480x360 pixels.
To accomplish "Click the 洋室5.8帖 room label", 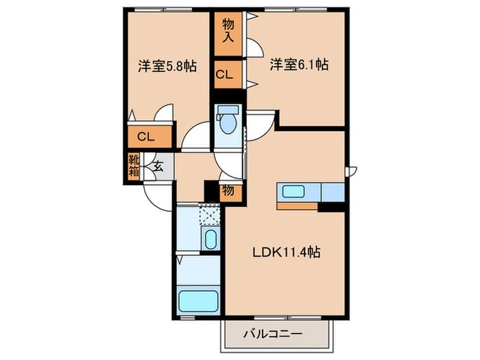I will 167,67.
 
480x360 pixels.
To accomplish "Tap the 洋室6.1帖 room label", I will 298,65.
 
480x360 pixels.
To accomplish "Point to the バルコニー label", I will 272,336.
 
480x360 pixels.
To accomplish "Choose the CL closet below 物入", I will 224,75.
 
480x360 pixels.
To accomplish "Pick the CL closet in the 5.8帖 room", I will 145,136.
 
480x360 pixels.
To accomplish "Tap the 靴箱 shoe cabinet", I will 133,165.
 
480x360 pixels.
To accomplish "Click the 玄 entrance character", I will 157,165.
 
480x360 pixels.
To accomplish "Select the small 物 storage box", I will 228,191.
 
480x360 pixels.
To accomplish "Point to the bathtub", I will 198,300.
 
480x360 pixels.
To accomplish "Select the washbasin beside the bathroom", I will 211,240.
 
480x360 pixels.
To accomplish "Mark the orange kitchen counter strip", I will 297,205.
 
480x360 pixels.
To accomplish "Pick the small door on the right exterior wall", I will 350,171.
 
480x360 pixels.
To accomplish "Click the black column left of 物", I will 211,190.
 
